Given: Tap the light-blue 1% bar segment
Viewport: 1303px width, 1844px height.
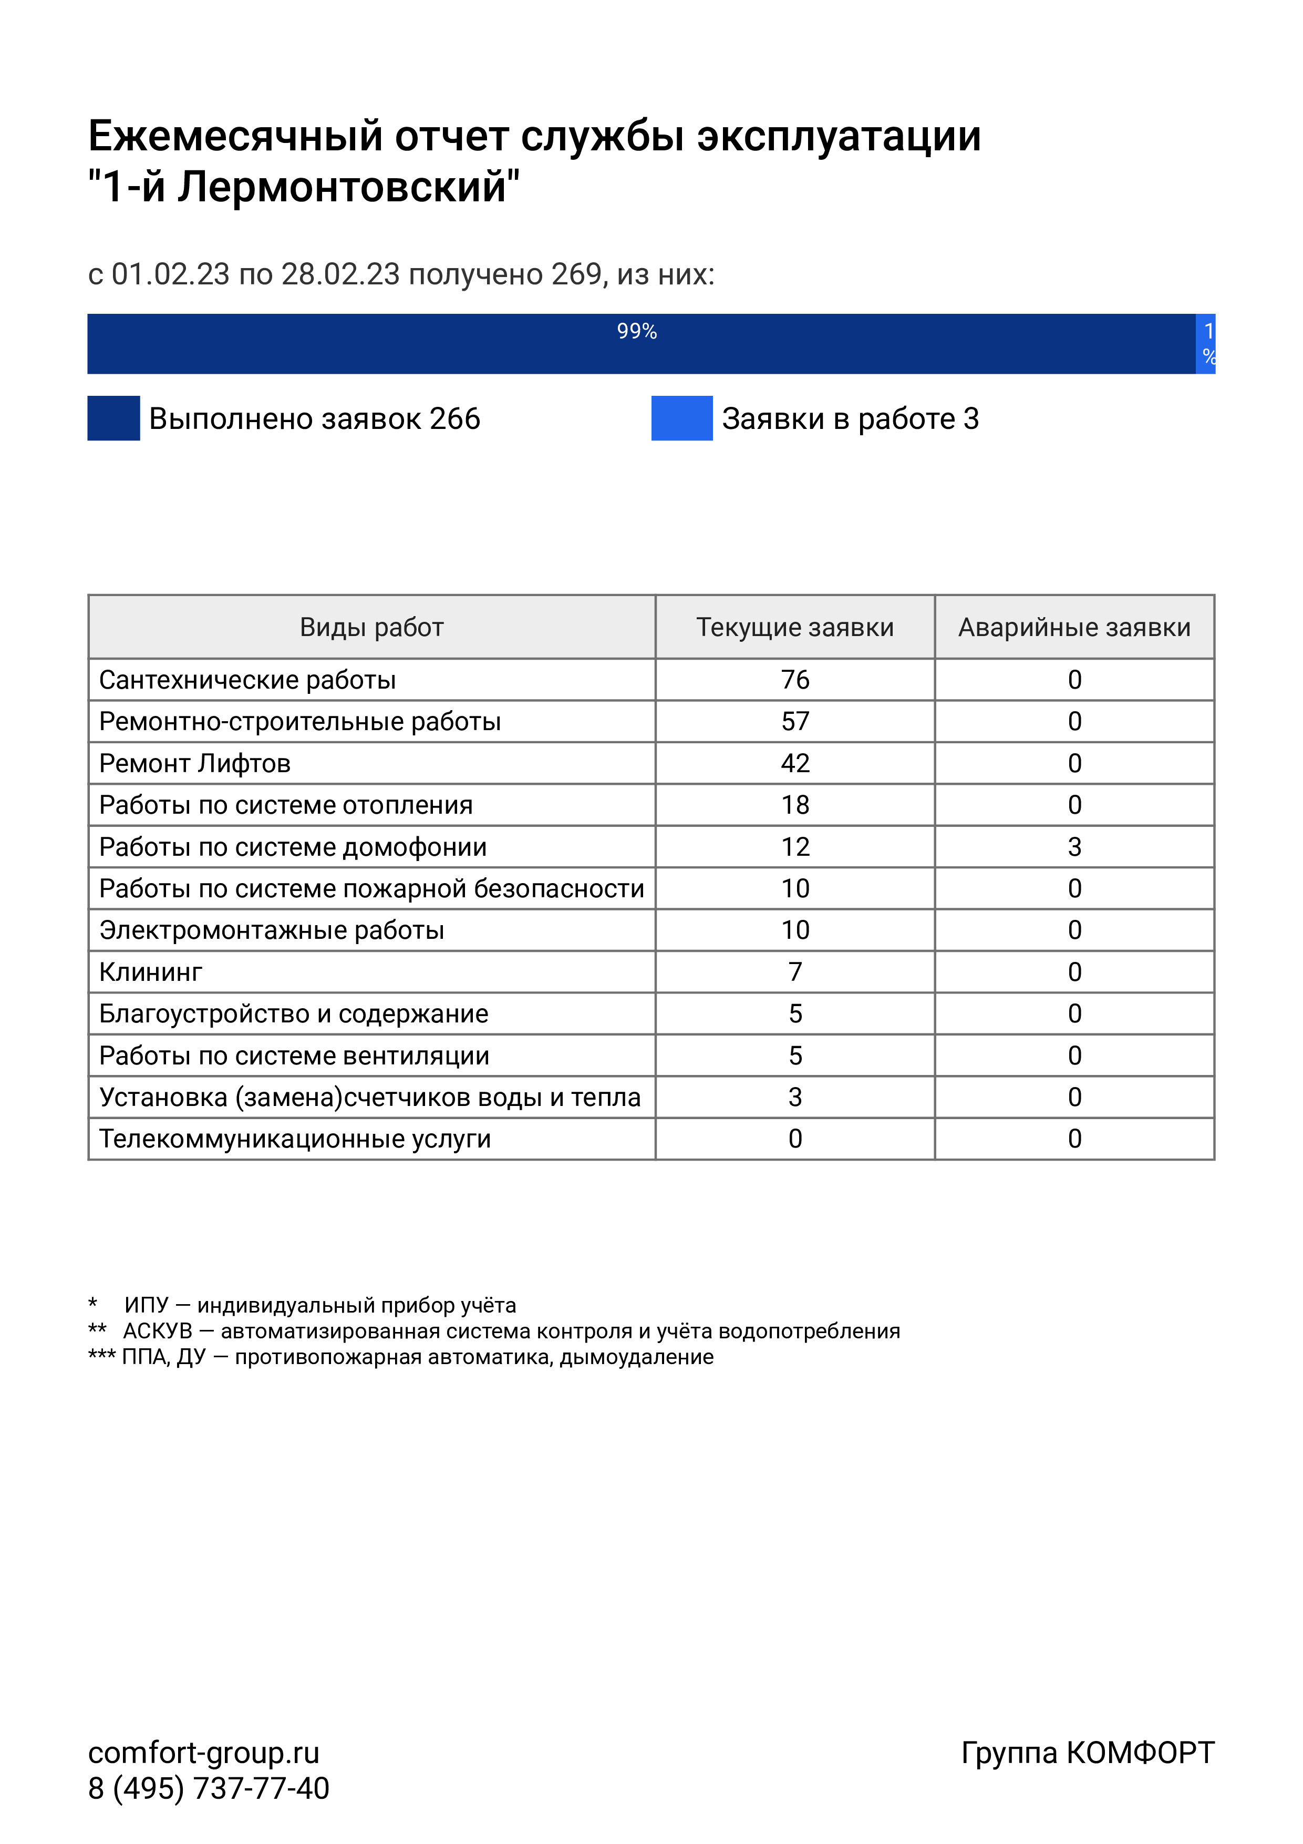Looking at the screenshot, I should (1206, 344).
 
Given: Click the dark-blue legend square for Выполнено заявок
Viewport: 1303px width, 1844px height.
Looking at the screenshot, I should (113, 418).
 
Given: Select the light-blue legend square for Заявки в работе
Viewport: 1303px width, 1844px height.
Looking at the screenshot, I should (681, 418).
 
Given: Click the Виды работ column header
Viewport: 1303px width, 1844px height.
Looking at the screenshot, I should (371, 627).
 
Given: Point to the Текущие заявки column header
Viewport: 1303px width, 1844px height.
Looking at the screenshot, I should (795, 627).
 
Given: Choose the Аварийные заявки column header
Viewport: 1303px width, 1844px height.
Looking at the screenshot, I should (1074, 627).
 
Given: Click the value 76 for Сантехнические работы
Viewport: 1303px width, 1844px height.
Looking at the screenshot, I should (795, 680).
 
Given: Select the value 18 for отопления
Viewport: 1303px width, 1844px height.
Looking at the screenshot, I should (795, 805).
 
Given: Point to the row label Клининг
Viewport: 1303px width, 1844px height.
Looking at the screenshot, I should (151, 972).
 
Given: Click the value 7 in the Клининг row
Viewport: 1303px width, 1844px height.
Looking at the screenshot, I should (795, 972).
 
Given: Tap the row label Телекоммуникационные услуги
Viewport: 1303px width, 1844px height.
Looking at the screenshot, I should (295, 1139).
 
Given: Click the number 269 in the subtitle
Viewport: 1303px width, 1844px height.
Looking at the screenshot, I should (576, 275).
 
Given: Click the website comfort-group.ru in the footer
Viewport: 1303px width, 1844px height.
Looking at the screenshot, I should (204, 1753).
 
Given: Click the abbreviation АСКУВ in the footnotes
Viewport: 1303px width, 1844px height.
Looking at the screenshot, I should (157, 1331).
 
